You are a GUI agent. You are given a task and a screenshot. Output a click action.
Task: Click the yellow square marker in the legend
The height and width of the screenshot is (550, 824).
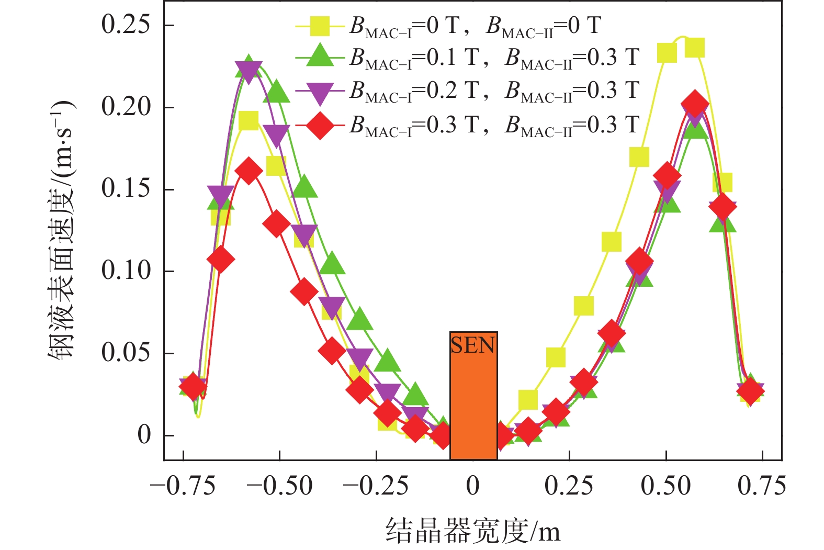tap(320, 26)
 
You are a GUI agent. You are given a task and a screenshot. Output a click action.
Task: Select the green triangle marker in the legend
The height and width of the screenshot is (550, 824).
tap(320, 56)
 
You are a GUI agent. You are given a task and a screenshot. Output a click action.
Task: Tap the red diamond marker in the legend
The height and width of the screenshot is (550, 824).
tap(320, 125)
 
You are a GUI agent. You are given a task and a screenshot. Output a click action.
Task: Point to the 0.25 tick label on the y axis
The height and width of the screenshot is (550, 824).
tap(126, 25)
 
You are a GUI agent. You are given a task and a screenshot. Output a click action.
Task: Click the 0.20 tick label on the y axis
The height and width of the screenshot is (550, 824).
tap(126, 107)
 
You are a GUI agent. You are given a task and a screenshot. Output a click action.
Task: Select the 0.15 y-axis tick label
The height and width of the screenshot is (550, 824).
tap(126, 189)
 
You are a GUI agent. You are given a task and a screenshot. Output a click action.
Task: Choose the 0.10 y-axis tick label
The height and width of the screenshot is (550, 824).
tap(126, 271)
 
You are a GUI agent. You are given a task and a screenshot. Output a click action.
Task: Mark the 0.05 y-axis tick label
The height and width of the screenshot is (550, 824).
tap(126, 353)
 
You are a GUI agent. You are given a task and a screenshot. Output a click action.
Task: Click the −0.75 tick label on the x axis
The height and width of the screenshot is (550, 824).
tap(183, 486)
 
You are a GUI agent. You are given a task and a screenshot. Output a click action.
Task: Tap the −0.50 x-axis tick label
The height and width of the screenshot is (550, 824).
tap(279, 486)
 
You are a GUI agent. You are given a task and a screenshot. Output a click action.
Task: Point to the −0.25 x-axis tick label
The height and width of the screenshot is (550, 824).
tap(376, 486)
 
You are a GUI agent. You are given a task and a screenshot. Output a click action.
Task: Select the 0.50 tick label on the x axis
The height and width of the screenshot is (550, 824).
tap(665, 486)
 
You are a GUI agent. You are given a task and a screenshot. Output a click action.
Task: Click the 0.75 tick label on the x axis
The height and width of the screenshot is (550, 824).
tap(762, 486)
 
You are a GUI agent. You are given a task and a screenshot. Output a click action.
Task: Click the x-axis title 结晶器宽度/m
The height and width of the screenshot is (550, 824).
tap(473, 531)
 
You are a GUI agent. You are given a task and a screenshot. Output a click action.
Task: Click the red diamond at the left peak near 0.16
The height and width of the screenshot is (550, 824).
tap(249, 171)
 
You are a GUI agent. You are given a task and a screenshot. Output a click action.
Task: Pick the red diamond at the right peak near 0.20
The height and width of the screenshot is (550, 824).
tap(695, 104)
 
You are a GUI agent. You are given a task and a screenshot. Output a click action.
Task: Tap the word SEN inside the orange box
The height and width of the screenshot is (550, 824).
tap(473, 345)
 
